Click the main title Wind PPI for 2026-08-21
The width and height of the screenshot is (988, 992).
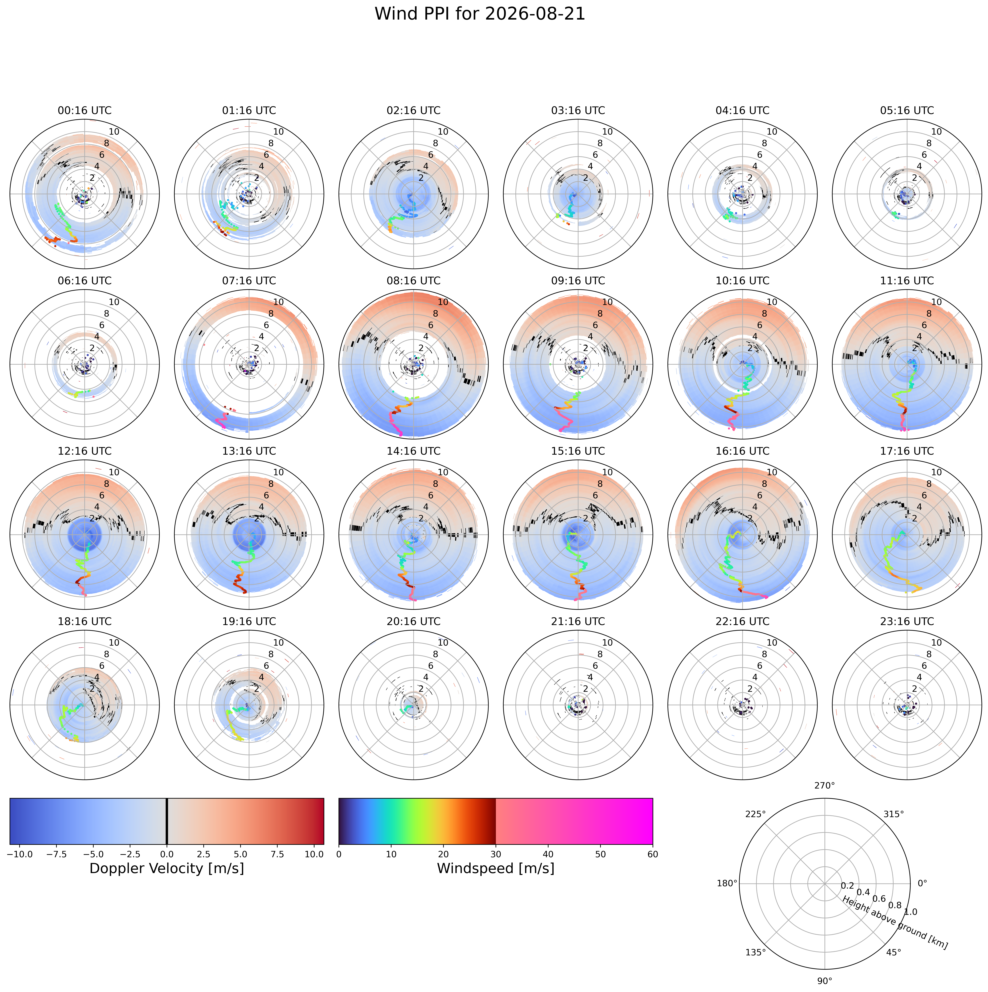tap(479, 14)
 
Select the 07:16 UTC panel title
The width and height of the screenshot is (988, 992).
tap(249, 281)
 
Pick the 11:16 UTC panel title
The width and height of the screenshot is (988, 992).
tap(907, 281)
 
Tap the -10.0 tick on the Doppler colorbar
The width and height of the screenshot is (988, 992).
tap(20, 854)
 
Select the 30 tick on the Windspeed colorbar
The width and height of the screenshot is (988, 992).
tap(496, 854)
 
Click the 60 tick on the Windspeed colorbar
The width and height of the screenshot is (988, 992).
tap(653, 854)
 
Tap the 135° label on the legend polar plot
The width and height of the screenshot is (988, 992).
tap(755, 952)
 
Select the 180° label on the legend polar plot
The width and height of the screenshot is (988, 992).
tap(727, 883)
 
